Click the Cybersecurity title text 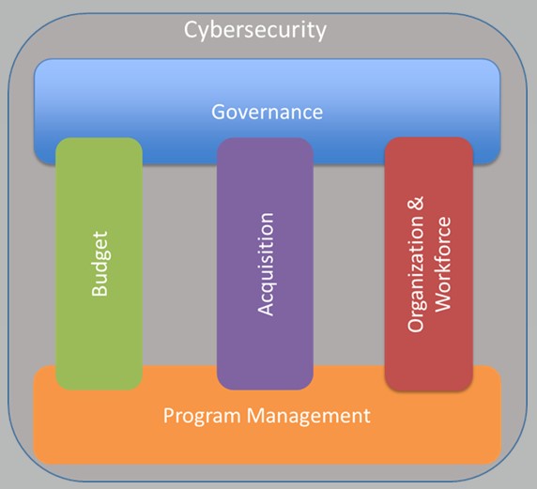pos(255,30)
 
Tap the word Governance pos(268,112)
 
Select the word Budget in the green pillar pos(100,264)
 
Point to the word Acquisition pos(266,264)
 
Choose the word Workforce pos(442,264)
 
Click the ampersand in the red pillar pos(415,204)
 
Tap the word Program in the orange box pos(202,417)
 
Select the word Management pos(309,416)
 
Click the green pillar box pos(99,264)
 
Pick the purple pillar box pos(265,264)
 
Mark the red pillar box pos(429,264)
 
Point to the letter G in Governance pos(218,112)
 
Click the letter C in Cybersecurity pos(191,29)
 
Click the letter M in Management pos(255,415)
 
